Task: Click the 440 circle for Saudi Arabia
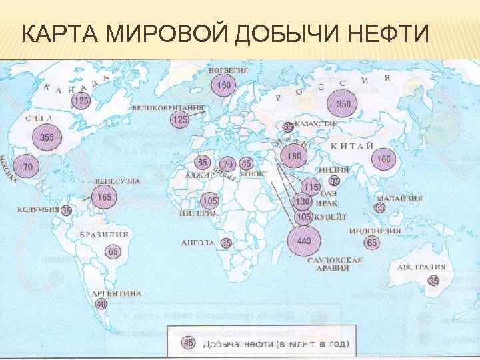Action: [303, 239]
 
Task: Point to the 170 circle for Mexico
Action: [25, 166]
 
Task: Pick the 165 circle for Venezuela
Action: [103, 197]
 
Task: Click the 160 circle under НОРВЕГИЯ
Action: [224, 85]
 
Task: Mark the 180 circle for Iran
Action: [295, 156]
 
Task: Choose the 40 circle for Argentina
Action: [101, 304]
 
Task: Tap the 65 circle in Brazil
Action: [113, 251]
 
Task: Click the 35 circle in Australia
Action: [434, 281]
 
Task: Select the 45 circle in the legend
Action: [189, 343]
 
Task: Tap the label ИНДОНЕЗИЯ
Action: [375, 231]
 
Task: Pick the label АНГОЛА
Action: [198, 243]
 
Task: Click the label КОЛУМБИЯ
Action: [38, 209]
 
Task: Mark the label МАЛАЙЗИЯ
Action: [399, 198]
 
